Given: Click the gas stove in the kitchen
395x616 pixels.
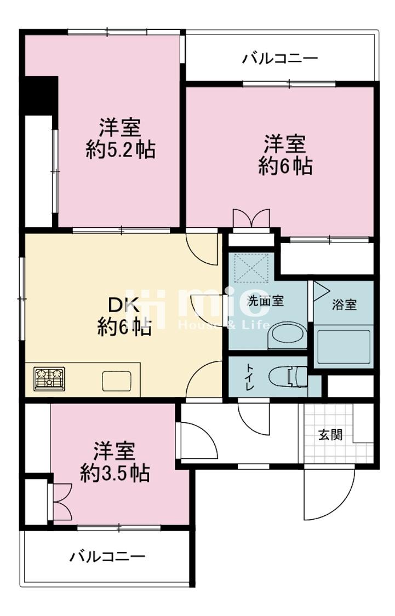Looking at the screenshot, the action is [x=49, y=378].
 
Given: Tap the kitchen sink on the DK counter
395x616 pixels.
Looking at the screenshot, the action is [x=117, y=381].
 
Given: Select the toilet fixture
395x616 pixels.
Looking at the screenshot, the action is [x=288, y=377].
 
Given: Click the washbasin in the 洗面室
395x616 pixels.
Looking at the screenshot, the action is [x=287, y=336].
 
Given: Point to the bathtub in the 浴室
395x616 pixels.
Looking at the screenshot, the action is [x=344, y=347].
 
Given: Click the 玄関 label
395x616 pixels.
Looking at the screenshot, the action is [x=330, y=435].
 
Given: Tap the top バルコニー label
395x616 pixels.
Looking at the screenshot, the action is [x=280, y=59].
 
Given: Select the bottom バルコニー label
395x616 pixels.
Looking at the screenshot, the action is [x=108, y=556].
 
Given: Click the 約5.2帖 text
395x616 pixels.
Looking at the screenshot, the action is [x=121, y=149].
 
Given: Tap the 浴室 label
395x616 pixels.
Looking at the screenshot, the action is [x=344, y=304].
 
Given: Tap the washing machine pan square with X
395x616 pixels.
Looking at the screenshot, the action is [x=252, y=268].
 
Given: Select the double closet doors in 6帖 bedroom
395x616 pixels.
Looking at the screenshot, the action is [x=251, y=218].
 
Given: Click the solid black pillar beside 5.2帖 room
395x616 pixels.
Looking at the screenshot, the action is [x=39, y=95].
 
